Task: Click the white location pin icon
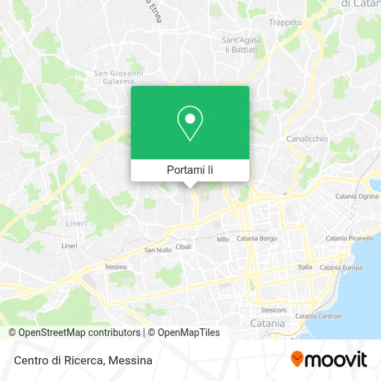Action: pos(190,123)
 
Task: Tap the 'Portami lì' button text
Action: pos(190,170)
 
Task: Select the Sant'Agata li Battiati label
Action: pos(240,45)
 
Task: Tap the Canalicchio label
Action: pos(307,139)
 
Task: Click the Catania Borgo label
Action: pos(257,238)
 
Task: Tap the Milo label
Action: pos(223,240)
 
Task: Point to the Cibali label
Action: pos(184,246)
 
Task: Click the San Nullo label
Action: pos(157,250)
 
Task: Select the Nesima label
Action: pos(116,267)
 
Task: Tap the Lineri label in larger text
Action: pos(76,224)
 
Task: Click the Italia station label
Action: pos(305,267)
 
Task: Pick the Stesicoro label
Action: pos(274,309)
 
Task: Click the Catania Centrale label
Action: pos(319,316)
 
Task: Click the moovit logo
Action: pos(328,360)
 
